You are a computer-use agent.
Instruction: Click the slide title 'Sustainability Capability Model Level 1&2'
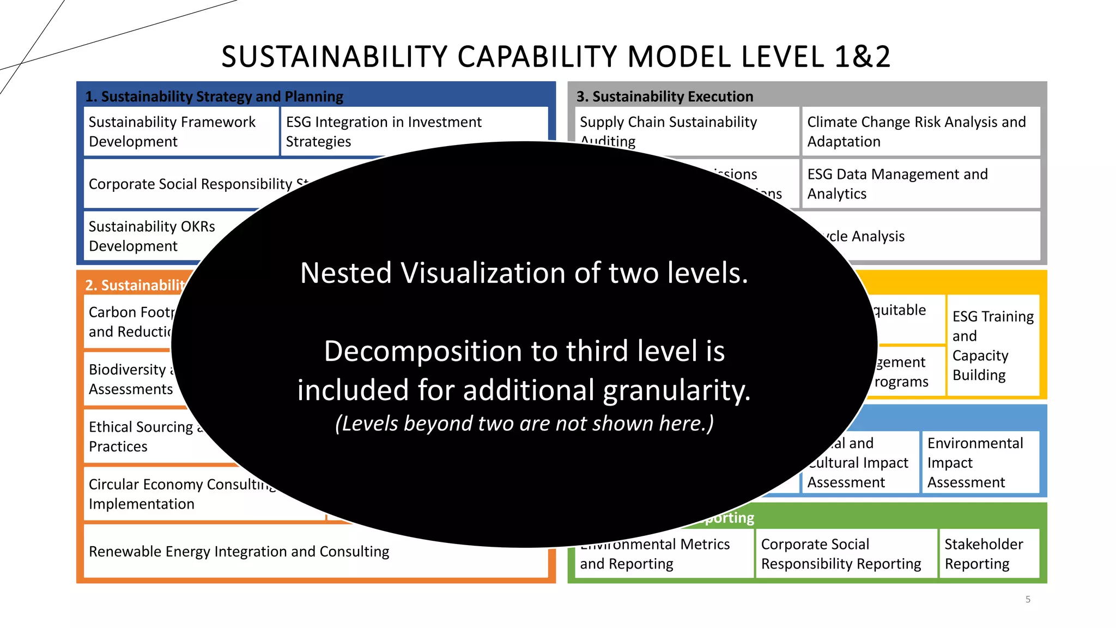click(556, 57)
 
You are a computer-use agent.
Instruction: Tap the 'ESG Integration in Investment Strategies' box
click(384, 131)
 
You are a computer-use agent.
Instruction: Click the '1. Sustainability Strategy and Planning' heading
click(214, 96)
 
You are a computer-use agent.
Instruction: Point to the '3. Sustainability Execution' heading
click(665, 96)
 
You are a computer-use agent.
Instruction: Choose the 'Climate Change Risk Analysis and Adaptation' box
click(920, 131)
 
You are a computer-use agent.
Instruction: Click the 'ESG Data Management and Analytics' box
click(920, 184)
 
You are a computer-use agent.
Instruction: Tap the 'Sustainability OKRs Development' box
click(152, 236)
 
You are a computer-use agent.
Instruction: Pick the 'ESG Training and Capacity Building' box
click(993, 346)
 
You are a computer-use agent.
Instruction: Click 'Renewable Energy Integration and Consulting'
click(239, 552)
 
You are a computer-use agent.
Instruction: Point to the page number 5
click(1028, 599)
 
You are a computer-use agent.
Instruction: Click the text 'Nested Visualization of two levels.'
click(524, 273)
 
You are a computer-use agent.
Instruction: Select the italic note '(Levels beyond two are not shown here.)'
click(524, 424)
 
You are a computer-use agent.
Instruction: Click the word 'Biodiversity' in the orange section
click(127, 370)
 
